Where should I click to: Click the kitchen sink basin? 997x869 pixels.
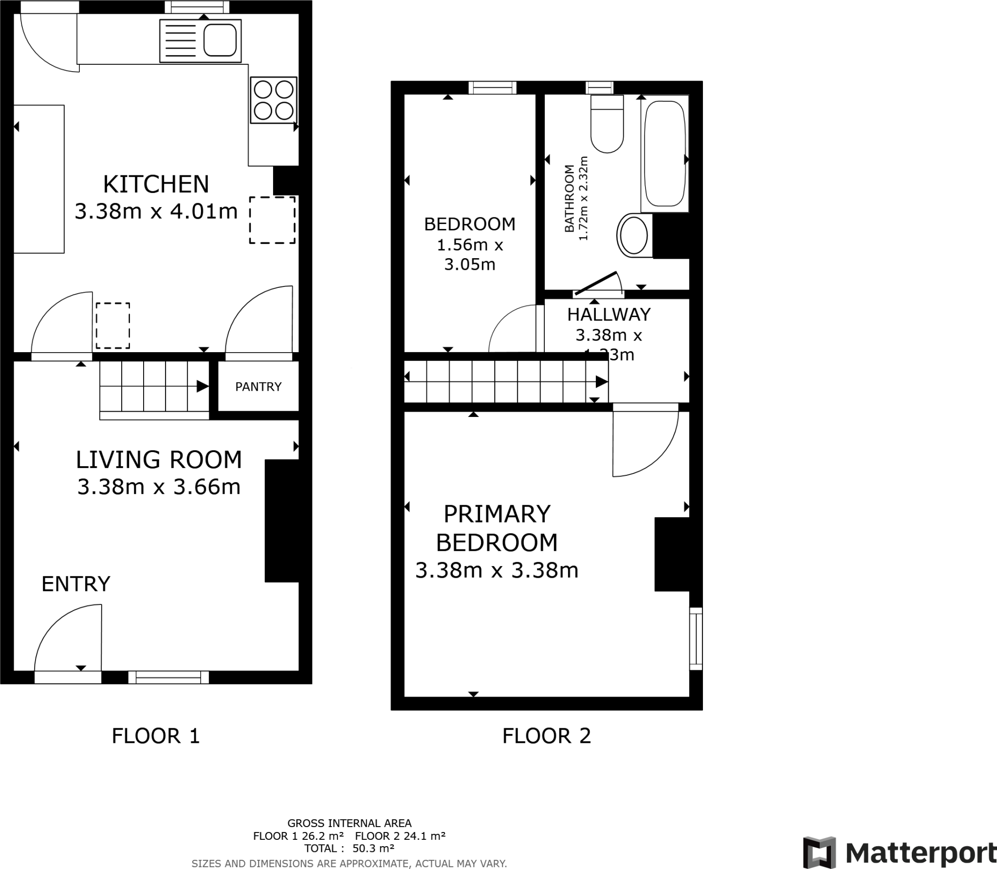point(220,40)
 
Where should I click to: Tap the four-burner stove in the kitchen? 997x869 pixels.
point(274,100)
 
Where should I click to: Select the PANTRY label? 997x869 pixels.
point(258,387)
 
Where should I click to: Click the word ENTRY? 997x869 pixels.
point(76,584)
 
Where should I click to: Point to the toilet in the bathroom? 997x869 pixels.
point(607,124)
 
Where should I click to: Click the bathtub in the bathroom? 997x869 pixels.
point(665,153)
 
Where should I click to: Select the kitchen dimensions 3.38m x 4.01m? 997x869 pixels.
point(156,211)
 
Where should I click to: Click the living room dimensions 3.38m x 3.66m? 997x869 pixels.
point(159,487)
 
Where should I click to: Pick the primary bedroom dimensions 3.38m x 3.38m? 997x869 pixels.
point(497,570)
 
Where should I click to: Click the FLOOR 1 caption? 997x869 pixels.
point(156,736)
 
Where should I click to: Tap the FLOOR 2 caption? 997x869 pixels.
point(546,736)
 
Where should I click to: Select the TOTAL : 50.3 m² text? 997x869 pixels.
point(349,848)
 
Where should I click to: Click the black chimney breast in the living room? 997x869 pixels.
point(281,521)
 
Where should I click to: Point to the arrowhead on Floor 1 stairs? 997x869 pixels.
point(203,387)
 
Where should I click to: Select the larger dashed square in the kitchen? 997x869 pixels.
point(273,220)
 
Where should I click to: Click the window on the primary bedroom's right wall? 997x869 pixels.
point(696,638)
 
